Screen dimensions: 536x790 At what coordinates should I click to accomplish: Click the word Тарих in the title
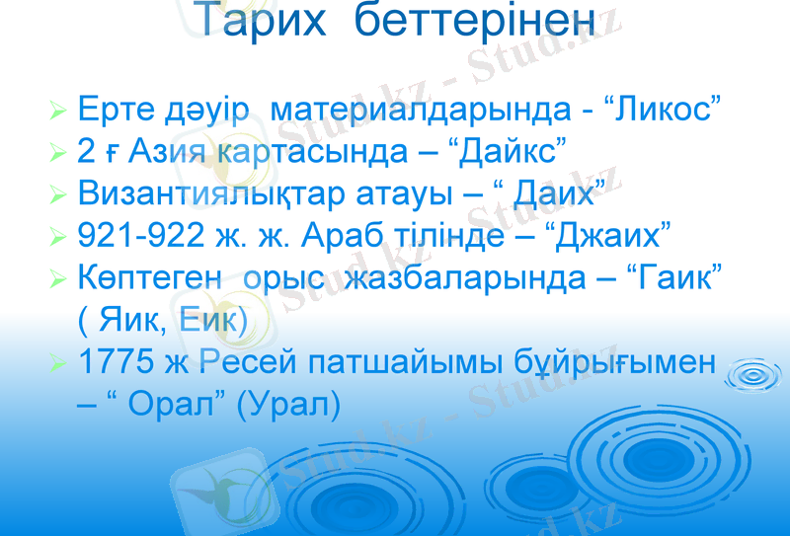coord(258,22)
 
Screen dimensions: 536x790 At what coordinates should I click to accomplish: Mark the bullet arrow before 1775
coord(58,363)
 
